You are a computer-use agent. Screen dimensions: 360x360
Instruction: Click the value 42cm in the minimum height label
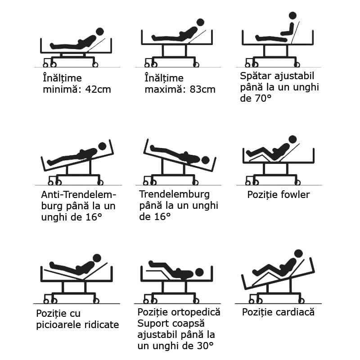tap(98, 90)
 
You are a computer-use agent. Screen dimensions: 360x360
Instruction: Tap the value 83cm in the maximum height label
tap(202, 90)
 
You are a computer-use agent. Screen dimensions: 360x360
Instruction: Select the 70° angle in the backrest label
tap(263, 98)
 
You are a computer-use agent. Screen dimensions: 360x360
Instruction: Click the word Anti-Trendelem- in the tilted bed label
tap(79, 195)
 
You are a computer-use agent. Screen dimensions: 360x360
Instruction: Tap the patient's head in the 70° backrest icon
tap(292, 16)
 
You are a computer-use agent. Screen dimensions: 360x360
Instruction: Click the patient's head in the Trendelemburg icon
tap(205, 160)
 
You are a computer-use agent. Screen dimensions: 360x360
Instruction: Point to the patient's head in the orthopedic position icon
tap(199, 273)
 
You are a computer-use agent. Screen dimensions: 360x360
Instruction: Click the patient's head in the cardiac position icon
tap(298, 253)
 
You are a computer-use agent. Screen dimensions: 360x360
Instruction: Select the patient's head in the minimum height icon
tap(100, 31)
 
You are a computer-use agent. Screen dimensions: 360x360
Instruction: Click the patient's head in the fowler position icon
tap(292, 139)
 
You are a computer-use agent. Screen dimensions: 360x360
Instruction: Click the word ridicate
tap(102, 324)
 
